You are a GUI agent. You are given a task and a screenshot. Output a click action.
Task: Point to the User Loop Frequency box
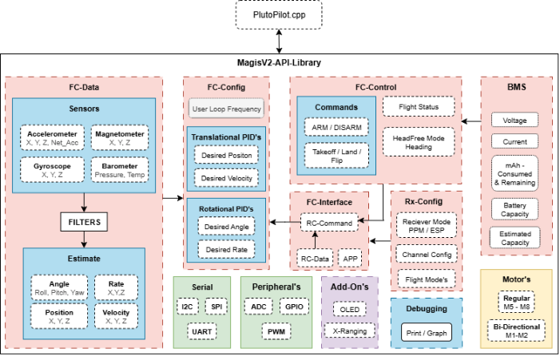(226, 108)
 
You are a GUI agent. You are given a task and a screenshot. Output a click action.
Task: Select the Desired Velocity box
(226, 177)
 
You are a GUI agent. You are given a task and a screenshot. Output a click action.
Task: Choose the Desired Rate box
(226, 250)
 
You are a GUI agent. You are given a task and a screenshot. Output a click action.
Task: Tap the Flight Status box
(419, 106)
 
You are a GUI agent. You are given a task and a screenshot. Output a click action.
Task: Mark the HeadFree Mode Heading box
(419, 141)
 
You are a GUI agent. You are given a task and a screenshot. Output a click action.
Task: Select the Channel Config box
(427, 254)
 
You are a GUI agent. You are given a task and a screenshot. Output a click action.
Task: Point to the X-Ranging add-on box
(349, 330)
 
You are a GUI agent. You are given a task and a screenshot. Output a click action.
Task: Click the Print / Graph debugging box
(426, 333)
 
